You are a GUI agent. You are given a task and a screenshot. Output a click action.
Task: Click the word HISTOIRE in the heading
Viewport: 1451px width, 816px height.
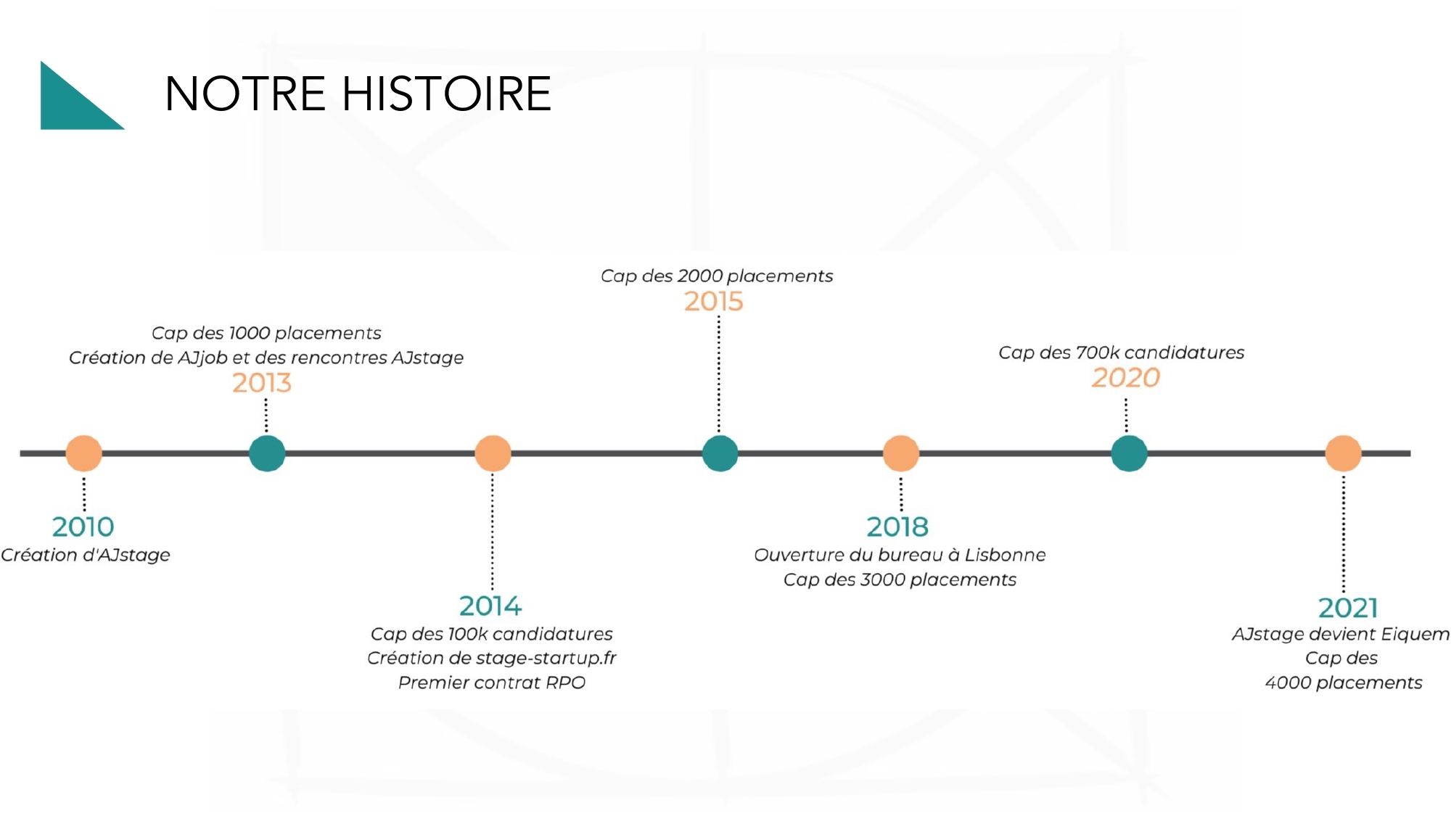click(446, 94)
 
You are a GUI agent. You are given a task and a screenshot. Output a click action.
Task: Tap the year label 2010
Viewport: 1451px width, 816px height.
click(83, 527)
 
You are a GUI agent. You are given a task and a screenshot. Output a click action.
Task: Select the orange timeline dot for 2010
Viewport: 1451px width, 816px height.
click(84, 453)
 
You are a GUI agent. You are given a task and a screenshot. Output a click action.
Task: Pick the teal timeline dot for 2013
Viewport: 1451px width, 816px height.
click(267, 453)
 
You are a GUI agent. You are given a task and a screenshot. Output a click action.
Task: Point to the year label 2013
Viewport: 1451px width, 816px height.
click(262, 382)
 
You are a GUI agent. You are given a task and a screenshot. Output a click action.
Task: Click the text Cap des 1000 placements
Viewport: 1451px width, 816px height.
click(266, 333)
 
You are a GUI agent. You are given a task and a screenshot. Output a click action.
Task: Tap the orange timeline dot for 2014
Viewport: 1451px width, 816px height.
click(493, 453)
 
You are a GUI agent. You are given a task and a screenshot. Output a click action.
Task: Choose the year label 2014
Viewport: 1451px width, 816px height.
click(490, 606)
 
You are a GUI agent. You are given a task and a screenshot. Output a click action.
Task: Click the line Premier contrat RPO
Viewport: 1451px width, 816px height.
click(492, 683)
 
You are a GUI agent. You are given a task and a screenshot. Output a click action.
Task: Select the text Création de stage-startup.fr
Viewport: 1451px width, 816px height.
click(492, 658)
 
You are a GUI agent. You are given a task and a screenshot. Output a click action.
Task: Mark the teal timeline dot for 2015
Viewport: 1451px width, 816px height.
click(720, 453)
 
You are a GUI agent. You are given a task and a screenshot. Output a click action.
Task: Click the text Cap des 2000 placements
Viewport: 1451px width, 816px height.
click(717, 276)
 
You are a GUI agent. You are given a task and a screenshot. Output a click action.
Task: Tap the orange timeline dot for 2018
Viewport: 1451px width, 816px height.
click(901, 453)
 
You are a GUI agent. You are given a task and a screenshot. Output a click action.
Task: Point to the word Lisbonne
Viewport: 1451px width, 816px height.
click(1006, 555)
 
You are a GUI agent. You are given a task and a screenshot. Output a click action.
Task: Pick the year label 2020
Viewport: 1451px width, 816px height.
click(1126, 377)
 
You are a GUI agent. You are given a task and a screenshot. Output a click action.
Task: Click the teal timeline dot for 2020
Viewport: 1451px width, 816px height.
click(1130, 453)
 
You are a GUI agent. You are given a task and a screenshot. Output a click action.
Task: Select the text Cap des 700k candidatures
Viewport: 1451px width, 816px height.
click(1122, 353)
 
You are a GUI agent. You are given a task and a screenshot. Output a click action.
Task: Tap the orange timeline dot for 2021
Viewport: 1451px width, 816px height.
click(1344, 453)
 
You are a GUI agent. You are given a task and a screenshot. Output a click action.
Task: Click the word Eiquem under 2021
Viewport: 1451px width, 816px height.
click(1415, 635)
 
